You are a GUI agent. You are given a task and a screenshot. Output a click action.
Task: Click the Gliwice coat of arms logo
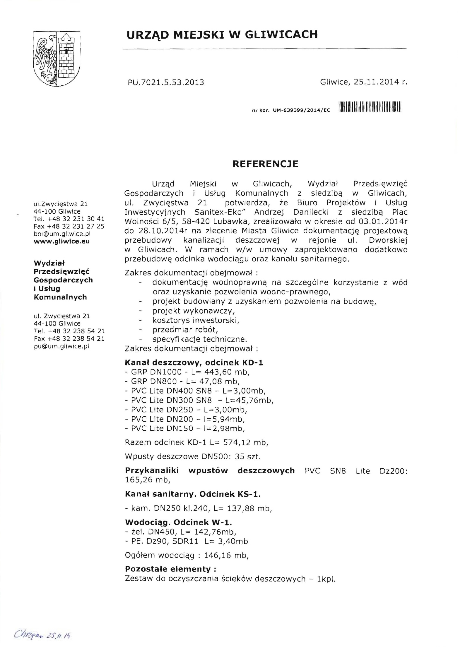click(x=57, y=58)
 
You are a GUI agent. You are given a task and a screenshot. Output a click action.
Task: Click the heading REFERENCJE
click(x=265, y=164)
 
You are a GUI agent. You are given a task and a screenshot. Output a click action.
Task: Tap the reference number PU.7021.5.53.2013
click(x=166, y=82)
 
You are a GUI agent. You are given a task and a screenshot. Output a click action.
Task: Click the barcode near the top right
click(x=370, y=107)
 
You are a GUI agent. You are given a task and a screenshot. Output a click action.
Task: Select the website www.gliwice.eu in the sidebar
click(x=61, y=241)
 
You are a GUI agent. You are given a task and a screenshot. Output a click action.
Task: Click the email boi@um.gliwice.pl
click(x=62, y=234)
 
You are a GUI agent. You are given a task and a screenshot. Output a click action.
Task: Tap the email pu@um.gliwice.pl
click(x=61, y=346)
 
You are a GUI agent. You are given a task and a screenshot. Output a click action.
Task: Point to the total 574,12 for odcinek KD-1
click(x=237, y=443)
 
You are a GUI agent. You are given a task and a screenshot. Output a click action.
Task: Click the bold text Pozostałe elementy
click(x=170, y=569)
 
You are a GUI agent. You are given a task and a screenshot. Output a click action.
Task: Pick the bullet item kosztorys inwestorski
click(x=196, y=320)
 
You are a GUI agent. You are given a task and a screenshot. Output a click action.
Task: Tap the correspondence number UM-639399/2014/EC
click(x=301, y=110)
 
